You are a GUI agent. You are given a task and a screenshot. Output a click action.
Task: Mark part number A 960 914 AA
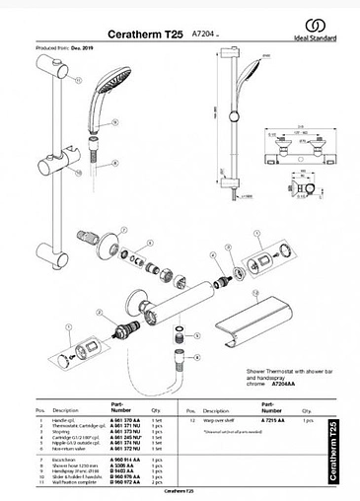126,460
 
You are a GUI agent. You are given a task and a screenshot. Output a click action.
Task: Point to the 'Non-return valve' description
70,449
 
